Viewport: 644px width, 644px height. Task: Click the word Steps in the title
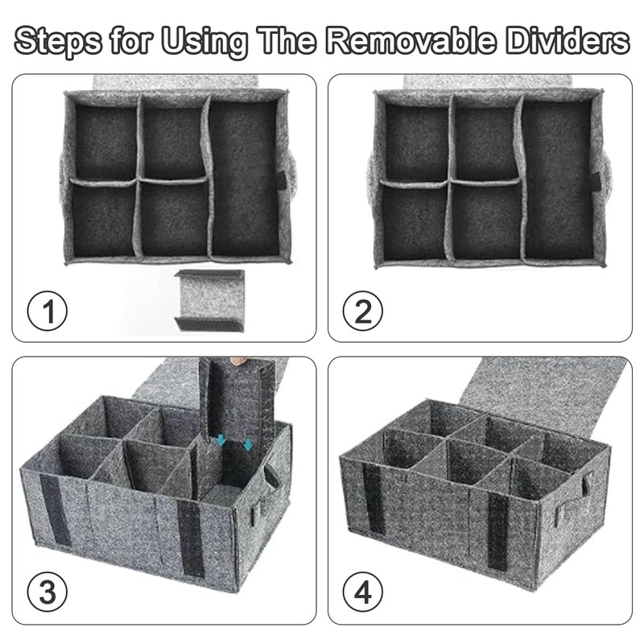pyautogui.click(x=63, y=40)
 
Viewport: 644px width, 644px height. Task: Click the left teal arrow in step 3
pyautogui.click(x=222, y=440)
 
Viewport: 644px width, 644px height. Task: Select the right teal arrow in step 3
pyautogui.click(x=248, y=444)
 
